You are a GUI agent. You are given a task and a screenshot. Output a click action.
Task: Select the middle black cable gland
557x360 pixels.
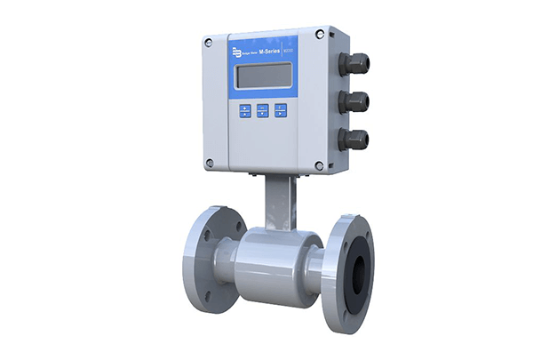pyautogui.click(x=355, y=100)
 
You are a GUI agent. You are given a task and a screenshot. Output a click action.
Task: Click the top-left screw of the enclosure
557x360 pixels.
pyautogui.click(x=210, y=42)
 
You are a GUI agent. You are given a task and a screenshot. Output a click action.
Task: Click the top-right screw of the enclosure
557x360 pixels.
pyautogui.click(x=330, y=34)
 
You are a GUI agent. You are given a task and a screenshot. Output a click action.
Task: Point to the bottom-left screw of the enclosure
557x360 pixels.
pyautogui.click(x=210, y=164)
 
